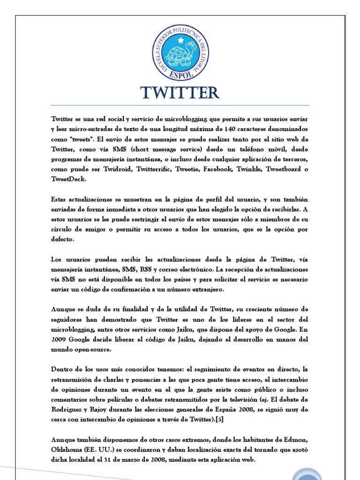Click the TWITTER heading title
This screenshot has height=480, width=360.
click(180, 93)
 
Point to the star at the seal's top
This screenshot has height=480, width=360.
click(180, 39)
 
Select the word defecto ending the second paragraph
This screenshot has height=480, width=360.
click(63, 239)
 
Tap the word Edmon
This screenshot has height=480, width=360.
click(296, 440)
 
